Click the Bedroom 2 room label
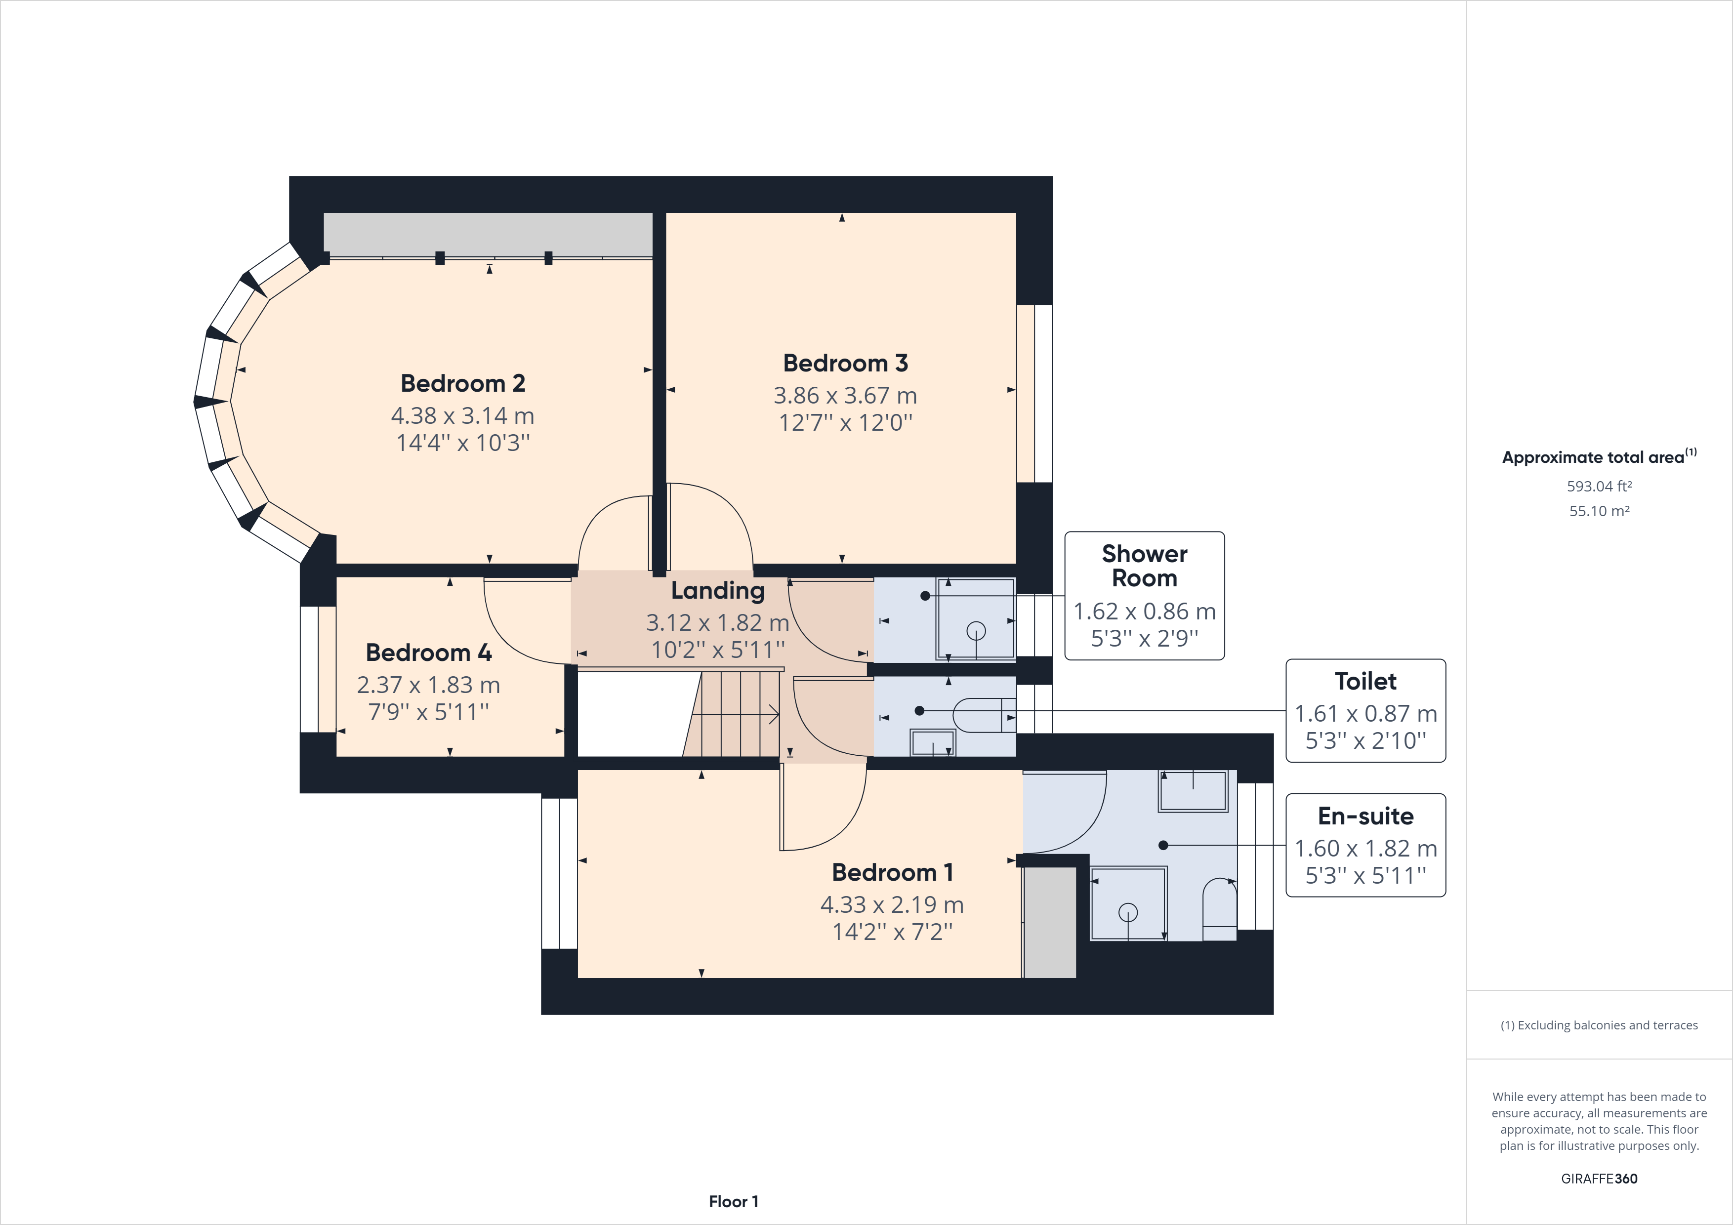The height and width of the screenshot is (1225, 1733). coord(463,383)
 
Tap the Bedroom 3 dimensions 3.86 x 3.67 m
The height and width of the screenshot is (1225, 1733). coord(845,396)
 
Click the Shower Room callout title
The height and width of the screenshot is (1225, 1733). coord(1144,565)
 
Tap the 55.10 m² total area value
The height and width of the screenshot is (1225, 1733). coord(1599,511)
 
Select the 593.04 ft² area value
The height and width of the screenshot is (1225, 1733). coord(1599,486)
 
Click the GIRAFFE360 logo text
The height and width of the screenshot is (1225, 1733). coord(1599,1178)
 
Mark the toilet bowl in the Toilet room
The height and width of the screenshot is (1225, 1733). coord(978,714)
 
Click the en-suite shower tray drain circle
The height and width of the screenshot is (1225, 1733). coord(1128,912)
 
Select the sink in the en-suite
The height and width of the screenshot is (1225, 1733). coord(1193,790)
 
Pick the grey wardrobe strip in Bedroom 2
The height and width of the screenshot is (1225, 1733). coord(488,234)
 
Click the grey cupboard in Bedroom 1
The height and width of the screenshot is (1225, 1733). coord(1049,922)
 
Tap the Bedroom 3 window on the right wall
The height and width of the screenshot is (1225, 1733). coord(1034,393)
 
